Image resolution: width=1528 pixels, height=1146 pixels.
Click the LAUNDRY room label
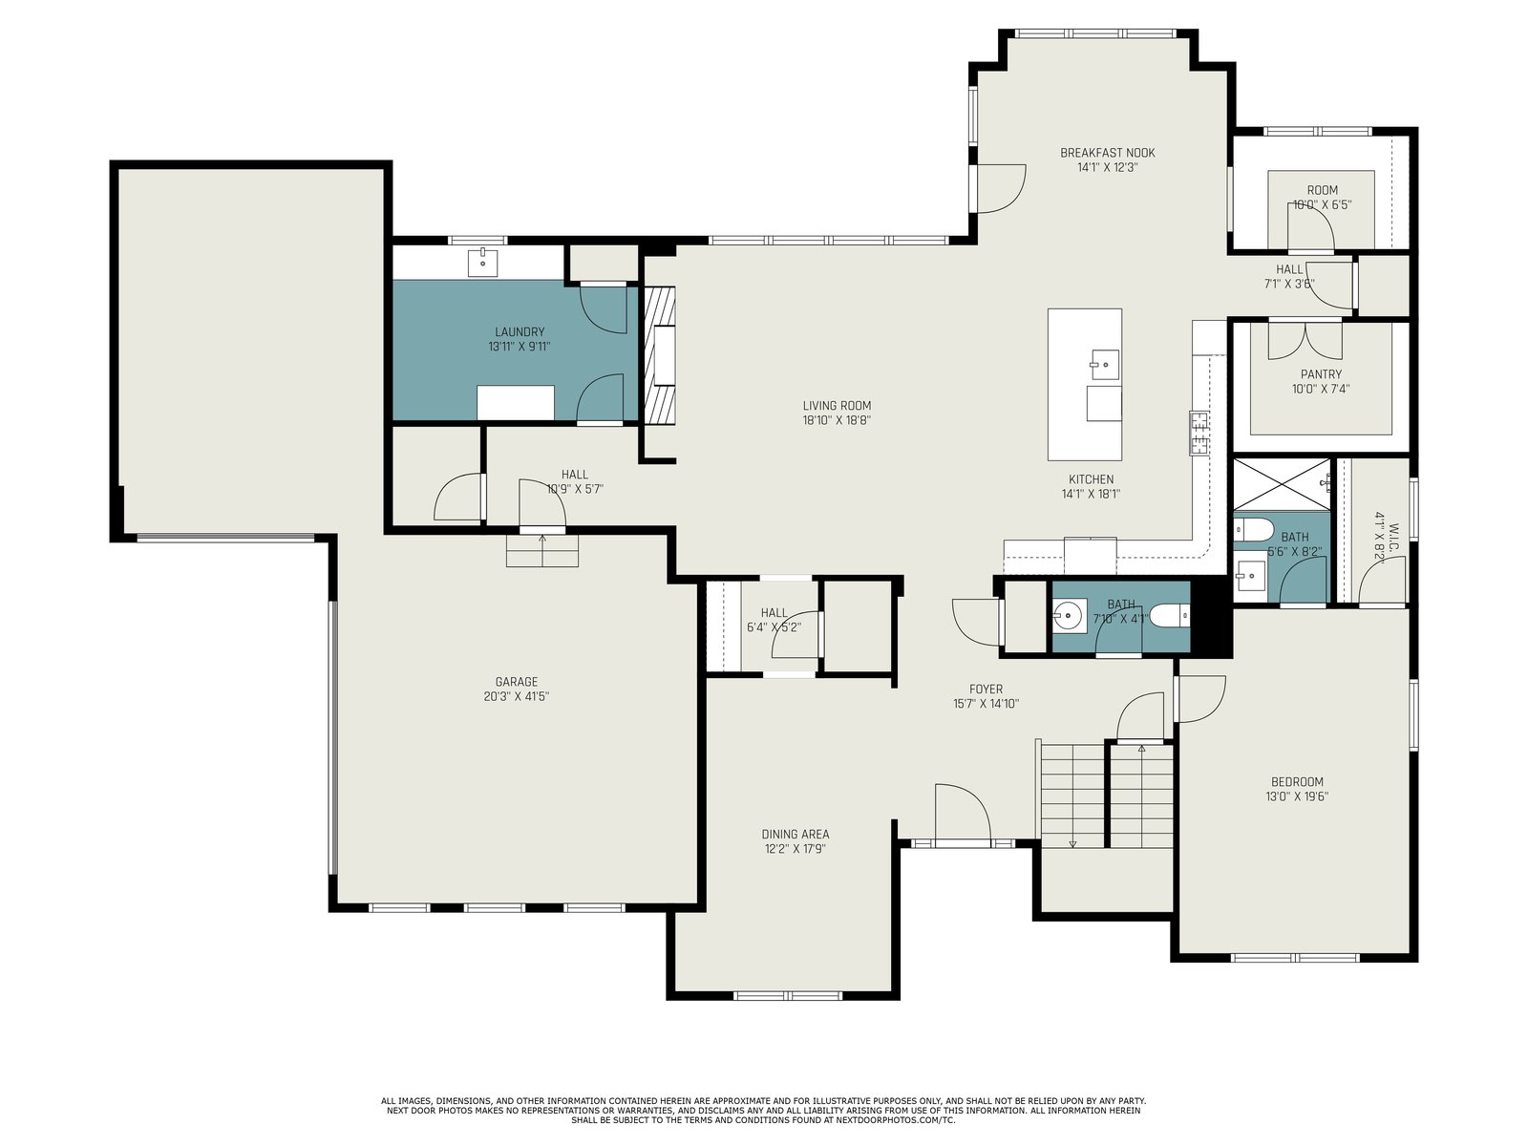click(520, 332)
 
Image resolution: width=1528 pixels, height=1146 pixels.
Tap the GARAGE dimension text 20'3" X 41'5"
click(517, 696)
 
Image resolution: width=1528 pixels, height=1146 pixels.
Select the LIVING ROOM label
click(837, 406)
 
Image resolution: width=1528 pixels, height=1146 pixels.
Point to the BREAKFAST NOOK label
click(1108, 153)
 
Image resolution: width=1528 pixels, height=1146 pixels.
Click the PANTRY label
click(1322, 374)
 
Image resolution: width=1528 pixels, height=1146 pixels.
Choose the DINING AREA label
click(795, 835)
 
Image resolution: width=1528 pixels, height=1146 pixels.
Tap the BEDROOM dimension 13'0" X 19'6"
click(1297, 796)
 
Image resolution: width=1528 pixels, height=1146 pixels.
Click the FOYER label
click(986, 689)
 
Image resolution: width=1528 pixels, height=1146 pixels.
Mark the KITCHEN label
click(1091, 479)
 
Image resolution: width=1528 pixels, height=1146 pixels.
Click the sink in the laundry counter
click(481, 263)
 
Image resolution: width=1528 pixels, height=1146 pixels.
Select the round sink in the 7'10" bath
click(1070, 615)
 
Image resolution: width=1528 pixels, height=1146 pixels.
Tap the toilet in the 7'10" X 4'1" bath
click(1169, 616)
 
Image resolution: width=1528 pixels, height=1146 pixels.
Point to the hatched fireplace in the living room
click(659, 355)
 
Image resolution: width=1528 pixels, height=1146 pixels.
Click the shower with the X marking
click(1282, 485)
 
